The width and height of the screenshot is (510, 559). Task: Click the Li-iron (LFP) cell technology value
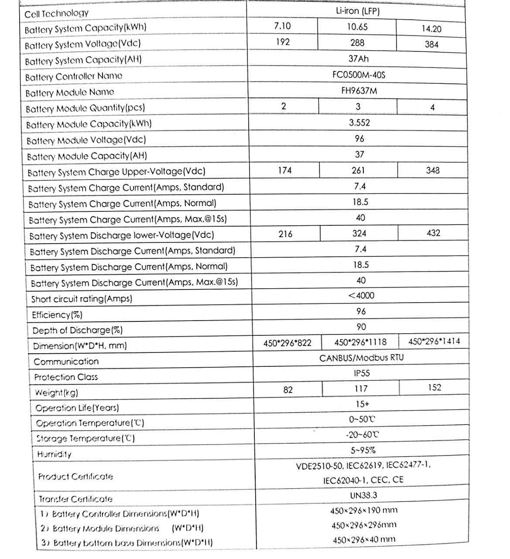[357, 11]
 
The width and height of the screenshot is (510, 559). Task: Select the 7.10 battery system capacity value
[282, 26]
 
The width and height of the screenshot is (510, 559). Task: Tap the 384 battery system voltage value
[431, 44]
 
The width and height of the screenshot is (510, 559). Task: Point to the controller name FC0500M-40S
[359, 75]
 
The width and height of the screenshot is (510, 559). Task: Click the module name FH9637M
[359, 91]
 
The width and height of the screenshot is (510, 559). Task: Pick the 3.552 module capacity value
[359, 123]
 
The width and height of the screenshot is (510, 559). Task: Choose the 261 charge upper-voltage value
[358, 170]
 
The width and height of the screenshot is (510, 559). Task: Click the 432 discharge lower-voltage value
[433, 233]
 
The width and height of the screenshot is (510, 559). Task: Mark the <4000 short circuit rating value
[361, 296]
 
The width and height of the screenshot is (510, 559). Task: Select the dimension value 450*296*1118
[360, 342]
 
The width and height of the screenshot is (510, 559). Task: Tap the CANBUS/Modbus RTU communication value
[362, 358]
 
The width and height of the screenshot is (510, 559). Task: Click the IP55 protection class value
[362, 373]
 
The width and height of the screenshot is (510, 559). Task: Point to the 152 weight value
[435, 388]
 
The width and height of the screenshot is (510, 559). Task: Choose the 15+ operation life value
[362, 404]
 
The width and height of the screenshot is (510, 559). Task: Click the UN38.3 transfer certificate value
[363, 495]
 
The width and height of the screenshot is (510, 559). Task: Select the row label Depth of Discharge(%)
[77, 331]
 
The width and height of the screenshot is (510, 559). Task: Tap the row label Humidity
[54, 454]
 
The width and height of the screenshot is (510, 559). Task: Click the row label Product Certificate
[75, 476]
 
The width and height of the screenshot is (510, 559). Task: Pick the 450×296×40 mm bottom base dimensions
[364, 540]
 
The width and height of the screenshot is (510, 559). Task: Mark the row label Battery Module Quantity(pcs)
[85, 108]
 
